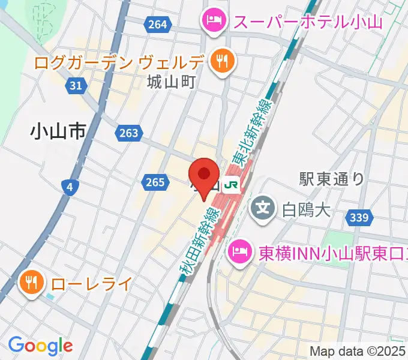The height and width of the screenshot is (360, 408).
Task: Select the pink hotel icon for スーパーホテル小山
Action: (213, 22)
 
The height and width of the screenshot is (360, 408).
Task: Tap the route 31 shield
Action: (76, 86)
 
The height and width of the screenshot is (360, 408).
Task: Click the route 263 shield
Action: (128, 133)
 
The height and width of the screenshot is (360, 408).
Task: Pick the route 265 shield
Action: (154, 182)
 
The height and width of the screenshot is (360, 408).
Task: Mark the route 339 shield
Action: (358, 217)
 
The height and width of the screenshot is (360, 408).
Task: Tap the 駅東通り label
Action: (332, 178)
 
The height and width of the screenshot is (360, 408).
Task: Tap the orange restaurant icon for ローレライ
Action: (31, 281)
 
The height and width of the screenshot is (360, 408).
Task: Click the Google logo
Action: (40, 346)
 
